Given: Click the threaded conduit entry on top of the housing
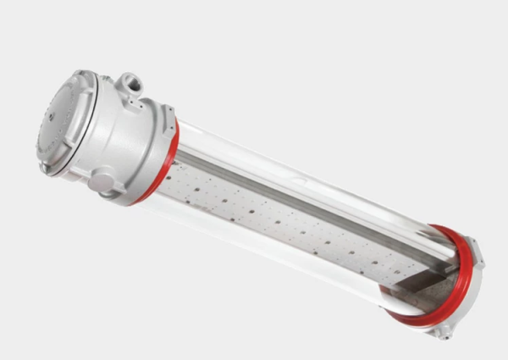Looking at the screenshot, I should point(131,86).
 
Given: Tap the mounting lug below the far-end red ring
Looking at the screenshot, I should point(440,331).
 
